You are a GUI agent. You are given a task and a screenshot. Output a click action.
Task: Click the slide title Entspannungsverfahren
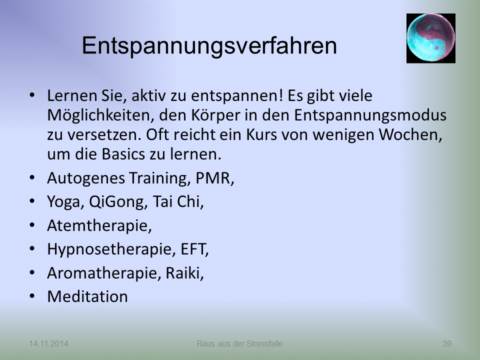[x=209, y=46]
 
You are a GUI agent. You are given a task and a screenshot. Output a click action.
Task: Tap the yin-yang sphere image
[x=430, y=38]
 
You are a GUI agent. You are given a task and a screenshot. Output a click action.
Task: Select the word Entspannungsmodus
[x=370, y=115]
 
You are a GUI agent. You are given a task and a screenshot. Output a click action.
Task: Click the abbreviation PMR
[x=214, y=178]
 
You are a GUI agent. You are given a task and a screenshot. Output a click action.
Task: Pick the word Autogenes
[x=86, y=178]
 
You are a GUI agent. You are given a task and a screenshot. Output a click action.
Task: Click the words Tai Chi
[x=178, y=201]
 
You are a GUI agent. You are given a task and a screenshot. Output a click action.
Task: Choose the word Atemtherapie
[x=99, y=226]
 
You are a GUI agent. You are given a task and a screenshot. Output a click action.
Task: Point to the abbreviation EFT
[x=194, y=249]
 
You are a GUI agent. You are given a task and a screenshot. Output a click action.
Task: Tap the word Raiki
[x=184, y=273]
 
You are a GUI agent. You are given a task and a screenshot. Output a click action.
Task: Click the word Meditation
[x=87, y=296]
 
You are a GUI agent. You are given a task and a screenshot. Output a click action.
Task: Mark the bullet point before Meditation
[x=32, y=296]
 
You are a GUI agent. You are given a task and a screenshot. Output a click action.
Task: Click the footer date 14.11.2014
[x=48, y=343]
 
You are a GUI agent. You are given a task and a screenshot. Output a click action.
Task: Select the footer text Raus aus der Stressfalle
[x=240, y=343]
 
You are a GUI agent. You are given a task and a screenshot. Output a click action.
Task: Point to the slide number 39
[x=447, y=343]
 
